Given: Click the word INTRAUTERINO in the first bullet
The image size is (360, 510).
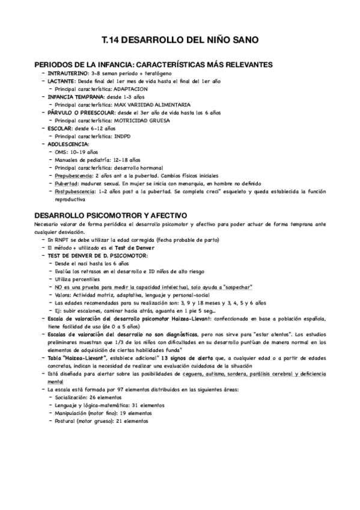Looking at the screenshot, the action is tap(69, 73).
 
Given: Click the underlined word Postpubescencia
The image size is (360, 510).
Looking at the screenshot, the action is tap(76, 191).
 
